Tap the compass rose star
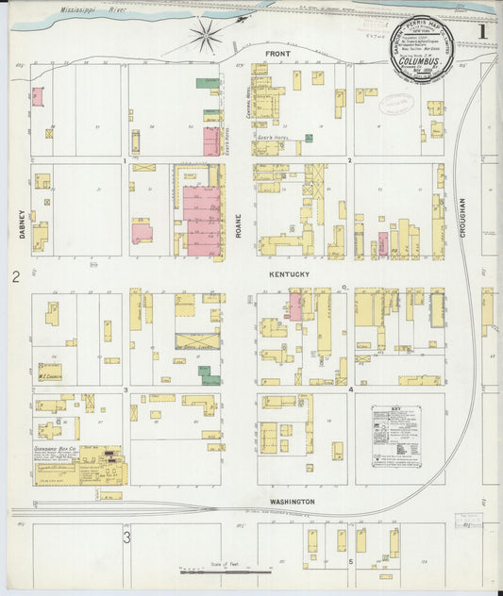pos(206,37)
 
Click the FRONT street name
pos(277,54)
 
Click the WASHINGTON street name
pos(289,502)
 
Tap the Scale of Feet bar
pos(226,571)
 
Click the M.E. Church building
pos(50,372)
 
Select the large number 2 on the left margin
pos(15,276)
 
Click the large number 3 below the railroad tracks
pos(126,538)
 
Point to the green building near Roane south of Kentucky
pos(210,375)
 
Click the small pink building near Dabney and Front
pos(38,96)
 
